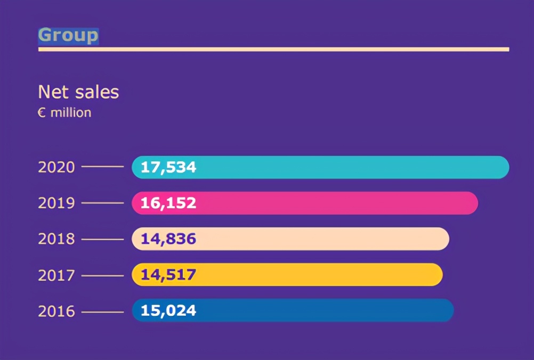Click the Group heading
tap(68, 35)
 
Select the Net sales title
tap(78, 92)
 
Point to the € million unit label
tap(64, 113)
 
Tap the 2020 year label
tap(56, 167)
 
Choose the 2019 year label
tap(56, 203)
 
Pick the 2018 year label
tap(56, 239)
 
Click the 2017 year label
tap(56, 275)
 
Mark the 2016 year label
tap(56, 311)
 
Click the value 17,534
tap(168, 167)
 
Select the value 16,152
tap(168, 203)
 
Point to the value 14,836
tap(168, 239)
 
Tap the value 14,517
tap(168, 275)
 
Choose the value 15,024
tap(168, 310)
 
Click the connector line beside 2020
tap(102, 167)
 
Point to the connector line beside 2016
tap(102, 311)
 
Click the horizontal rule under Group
tap(273, 50)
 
